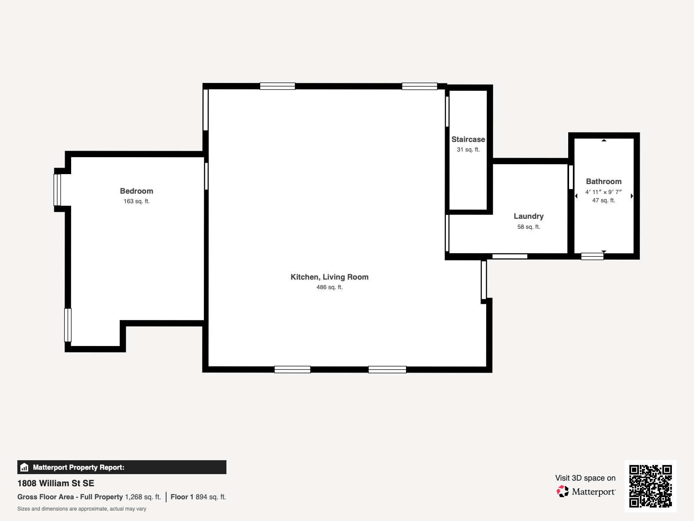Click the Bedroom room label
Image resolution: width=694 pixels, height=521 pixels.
(137, 191)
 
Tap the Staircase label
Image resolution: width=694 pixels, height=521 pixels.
(468, 139)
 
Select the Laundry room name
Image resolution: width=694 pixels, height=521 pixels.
(529, 216)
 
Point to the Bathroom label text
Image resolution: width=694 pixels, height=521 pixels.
(604, 181)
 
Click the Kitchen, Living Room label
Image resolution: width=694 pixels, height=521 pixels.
(330, 277)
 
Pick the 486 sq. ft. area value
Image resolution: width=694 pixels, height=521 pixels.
(330, 287)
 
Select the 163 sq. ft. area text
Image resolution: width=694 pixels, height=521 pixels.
(137, 201)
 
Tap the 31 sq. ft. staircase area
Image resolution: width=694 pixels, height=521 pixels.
(468, 150)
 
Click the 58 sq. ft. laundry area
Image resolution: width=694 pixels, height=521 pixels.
(529, 227)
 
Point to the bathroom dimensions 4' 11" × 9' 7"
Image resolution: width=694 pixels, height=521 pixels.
(604, 192)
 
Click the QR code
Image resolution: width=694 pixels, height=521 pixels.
(650, 486)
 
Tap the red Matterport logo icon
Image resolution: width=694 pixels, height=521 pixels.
(563, 491)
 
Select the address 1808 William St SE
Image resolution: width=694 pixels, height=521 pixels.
(56, 483)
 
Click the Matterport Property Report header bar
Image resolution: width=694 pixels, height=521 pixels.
(122, 467)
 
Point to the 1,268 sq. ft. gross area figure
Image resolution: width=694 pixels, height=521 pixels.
(143, 497)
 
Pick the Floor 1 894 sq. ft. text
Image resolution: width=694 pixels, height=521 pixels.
(198, 497)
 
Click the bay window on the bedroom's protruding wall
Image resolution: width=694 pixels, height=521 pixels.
(57, 190)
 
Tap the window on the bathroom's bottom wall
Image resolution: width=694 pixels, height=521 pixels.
(592, 256)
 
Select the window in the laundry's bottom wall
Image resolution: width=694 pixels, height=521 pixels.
(510, 256)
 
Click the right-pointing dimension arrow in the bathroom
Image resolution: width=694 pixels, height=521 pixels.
(632, 196)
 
